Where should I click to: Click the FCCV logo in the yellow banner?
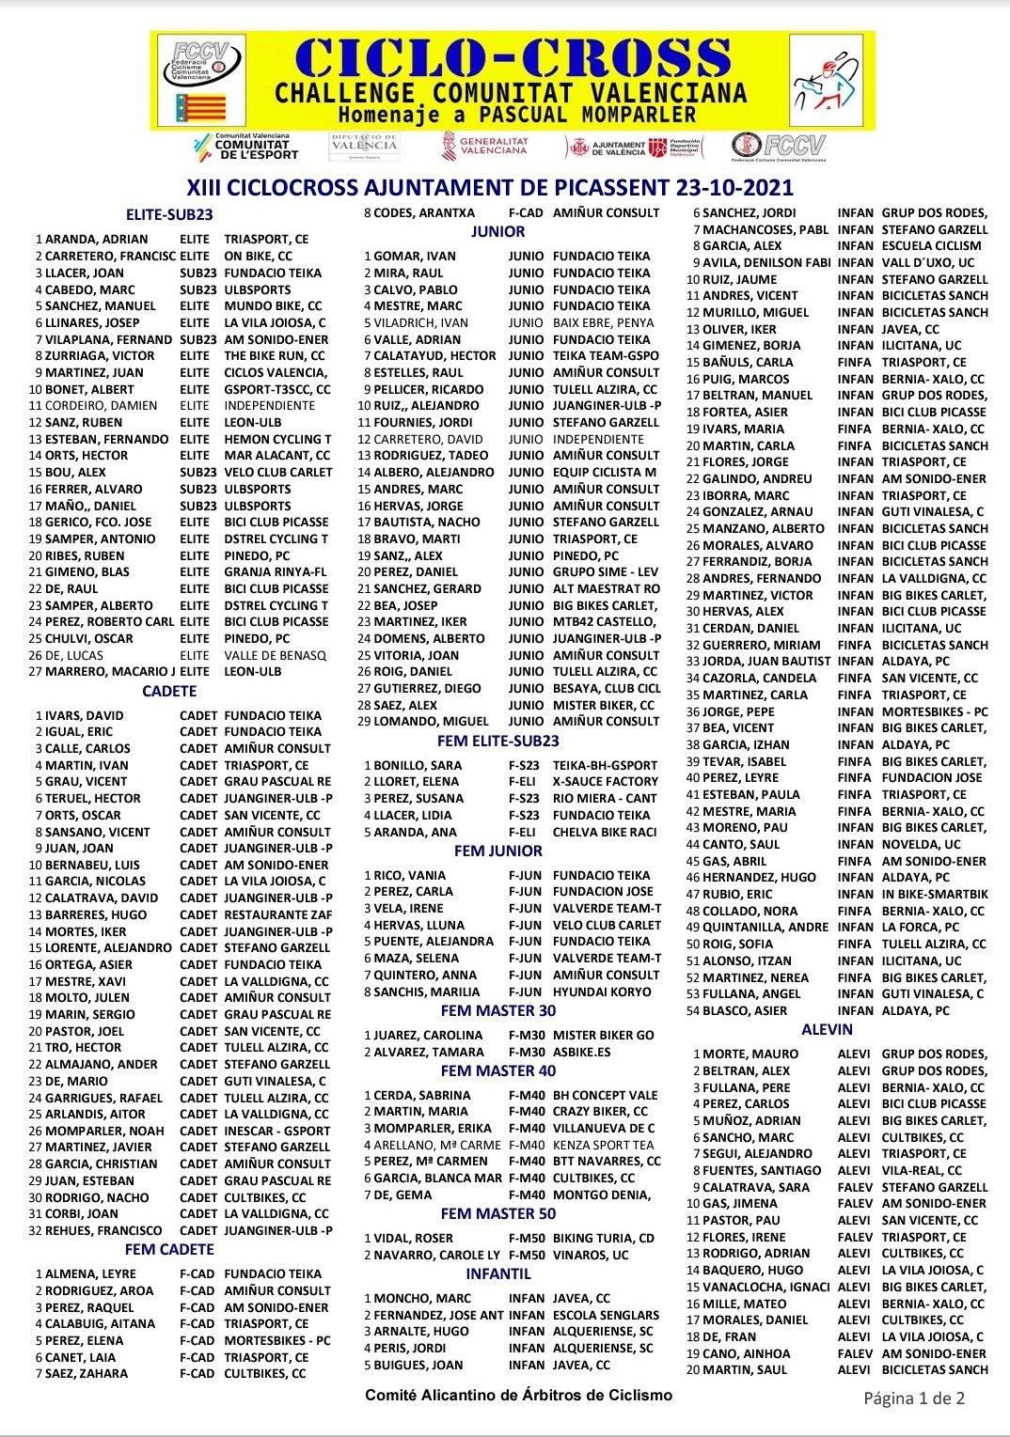click(200, 79)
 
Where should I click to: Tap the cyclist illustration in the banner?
click(827, 81)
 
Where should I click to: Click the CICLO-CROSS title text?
click(513, 58)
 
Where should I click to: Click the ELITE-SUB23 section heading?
click(169, 214)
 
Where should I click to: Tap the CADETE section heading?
click(169, 691)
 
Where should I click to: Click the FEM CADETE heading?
click(169, 1249)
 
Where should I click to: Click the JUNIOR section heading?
click(498, 231)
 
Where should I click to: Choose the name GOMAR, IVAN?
click(415, 256)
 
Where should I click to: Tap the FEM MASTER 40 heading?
click(498, 1070)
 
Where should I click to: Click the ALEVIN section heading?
click(828, 1029)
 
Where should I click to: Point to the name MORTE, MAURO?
click(750, 1054)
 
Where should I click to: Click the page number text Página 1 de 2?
click(914, 1398)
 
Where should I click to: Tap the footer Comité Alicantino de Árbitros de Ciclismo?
click(519, 1395)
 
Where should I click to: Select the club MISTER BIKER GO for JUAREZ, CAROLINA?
click(603, 1035)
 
